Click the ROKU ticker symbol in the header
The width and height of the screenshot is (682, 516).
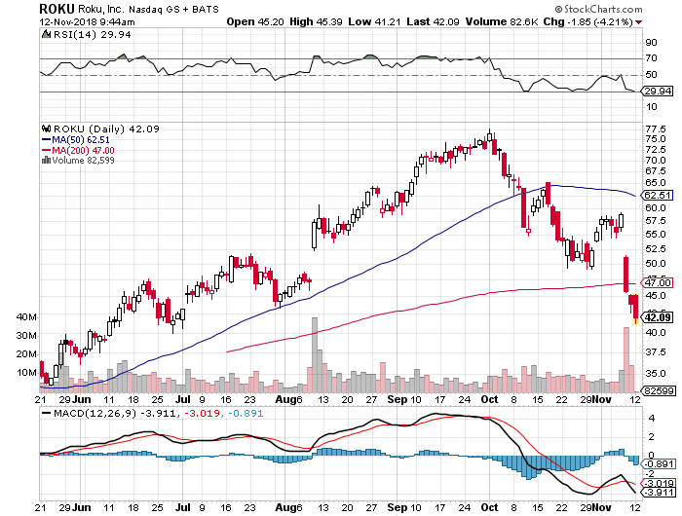pos(57,8)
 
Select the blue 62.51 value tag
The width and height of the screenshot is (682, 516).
pos(659,195)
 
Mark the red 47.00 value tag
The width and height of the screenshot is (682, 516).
pos(659,282)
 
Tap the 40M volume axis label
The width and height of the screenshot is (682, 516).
pos(27,318)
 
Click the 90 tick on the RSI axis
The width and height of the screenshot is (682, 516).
pos(651,43)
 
